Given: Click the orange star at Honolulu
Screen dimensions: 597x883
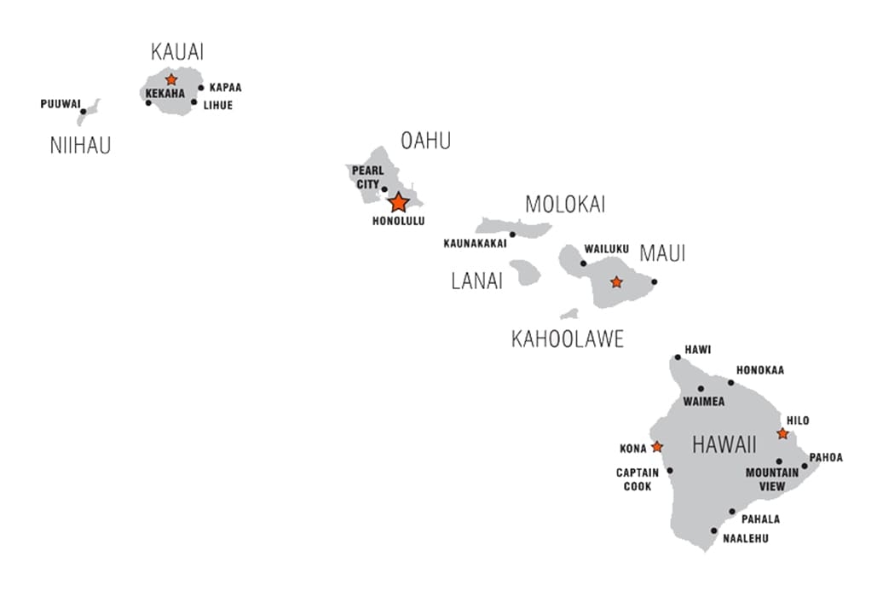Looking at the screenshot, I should click(398, 203).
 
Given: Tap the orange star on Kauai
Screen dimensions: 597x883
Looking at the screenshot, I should click(171, 79).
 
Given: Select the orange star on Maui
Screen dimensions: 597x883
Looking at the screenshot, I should click(616, 281).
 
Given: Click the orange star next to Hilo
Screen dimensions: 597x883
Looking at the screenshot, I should click(782, 434).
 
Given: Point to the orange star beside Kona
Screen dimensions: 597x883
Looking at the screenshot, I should click(657, 447).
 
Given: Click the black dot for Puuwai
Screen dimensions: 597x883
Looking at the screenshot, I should click(83, 111).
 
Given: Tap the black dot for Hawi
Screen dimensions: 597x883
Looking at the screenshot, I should click(678, 357).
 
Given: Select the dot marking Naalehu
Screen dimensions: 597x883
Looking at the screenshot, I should click(714, 530).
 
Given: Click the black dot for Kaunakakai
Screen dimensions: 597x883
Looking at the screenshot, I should click(512, 234).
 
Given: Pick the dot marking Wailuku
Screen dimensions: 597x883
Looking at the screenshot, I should click(584, 264).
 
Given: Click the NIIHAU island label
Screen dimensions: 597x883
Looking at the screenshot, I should click(80, 146).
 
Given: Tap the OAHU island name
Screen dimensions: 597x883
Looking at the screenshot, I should click(425, 142).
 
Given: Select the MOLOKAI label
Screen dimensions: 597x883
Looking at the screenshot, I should click(565, 205).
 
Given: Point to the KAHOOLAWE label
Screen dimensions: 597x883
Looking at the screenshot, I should click(567, 339).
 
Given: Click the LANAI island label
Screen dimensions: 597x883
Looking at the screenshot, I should click(476, 281).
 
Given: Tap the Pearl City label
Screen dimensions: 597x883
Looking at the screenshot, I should click(367, 177).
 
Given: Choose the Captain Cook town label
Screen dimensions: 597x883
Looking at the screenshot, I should click(635, 479).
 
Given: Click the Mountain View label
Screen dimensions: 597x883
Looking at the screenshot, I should click(771, 479).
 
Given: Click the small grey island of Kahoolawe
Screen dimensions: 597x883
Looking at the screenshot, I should click(569, 314).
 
